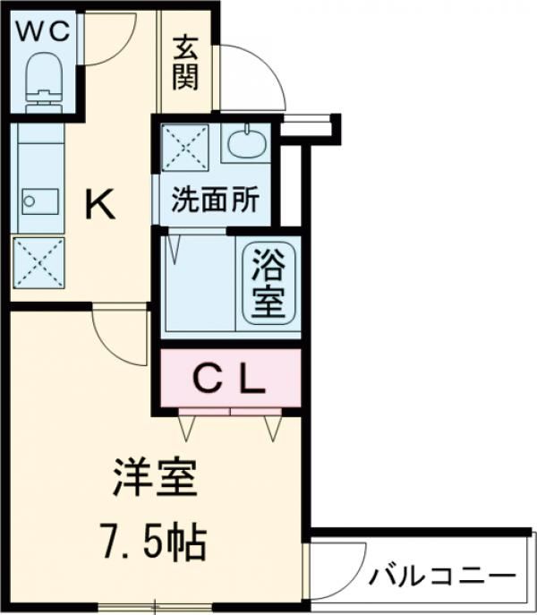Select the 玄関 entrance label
(x=185, y=62)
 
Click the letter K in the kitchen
(x=99, y=207)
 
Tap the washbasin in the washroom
(x=244, y=142)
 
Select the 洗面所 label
(x=216, y=199)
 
